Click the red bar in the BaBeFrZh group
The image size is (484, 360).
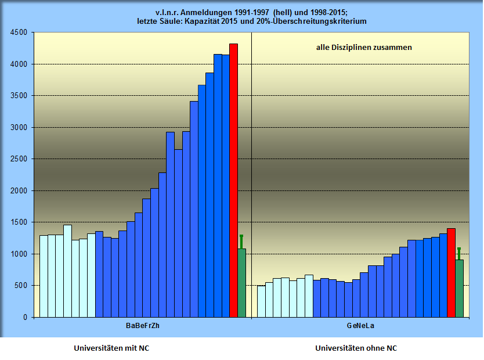point(233,180)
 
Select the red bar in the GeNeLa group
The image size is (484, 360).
point(451,272)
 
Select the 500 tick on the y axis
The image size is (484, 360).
point(21,286)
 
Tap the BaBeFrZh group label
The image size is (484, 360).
point(142,326)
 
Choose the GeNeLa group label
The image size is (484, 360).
point(360,326)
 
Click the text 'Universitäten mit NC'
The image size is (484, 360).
point(115,348)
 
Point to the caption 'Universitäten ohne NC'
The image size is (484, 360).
point(356,348)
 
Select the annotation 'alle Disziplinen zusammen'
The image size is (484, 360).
point(364,48)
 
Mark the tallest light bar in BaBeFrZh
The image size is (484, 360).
point(67,271)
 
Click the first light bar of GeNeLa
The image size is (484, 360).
point(261,301)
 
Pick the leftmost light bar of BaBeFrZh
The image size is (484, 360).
point(44,276)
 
